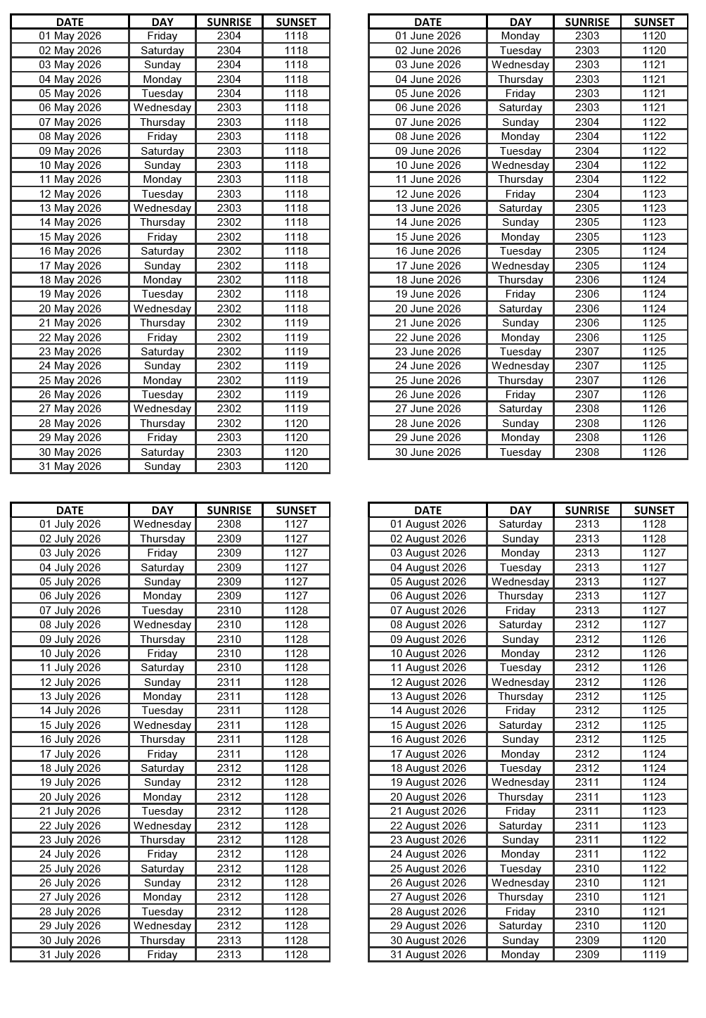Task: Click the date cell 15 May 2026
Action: pyautogui.click(x=70, y=237)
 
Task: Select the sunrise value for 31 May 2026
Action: pyautogui.click(x=229, y=466)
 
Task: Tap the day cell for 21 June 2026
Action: pyautogui.click(x=520, y=323)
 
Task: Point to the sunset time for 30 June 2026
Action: pyautogui.click(x=654, y=452)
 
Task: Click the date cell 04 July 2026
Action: pyautogui.click(x=70, y=568)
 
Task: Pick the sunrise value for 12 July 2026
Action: pyautogui.click(x=229, y=682)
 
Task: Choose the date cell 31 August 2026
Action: pyautogui.click(x=428, y=955)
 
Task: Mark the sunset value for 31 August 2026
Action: pyautogui.click(x=654, y=955)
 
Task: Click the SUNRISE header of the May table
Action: pyautogui.click(x=229, y=22)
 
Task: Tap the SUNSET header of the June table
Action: pyautogui.click(x=654, y=22)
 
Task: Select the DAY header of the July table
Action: pyautogui.click(x=162, y=510)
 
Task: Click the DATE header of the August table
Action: pyautogui.click(x=428, y=510)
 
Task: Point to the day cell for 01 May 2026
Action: pyautogui.click(x=162, y=36)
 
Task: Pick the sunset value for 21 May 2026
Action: pyautogui.click(x=296, y=323)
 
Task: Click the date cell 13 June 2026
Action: pyautogui.click(x=428, y=208)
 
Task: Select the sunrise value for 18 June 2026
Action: pyautogui.click(x=587, y=280)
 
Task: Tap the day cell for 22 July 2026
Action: pyautogui.click(x=162, y=826)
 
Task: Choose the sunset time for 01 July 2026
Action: pyautogui.click(x=296, y=524)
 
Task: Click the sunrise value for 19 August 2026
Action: pyautogui.click(x=587, y=782)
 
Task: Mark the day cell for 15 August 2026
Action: pyautogui.click(x=520, y=725)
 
